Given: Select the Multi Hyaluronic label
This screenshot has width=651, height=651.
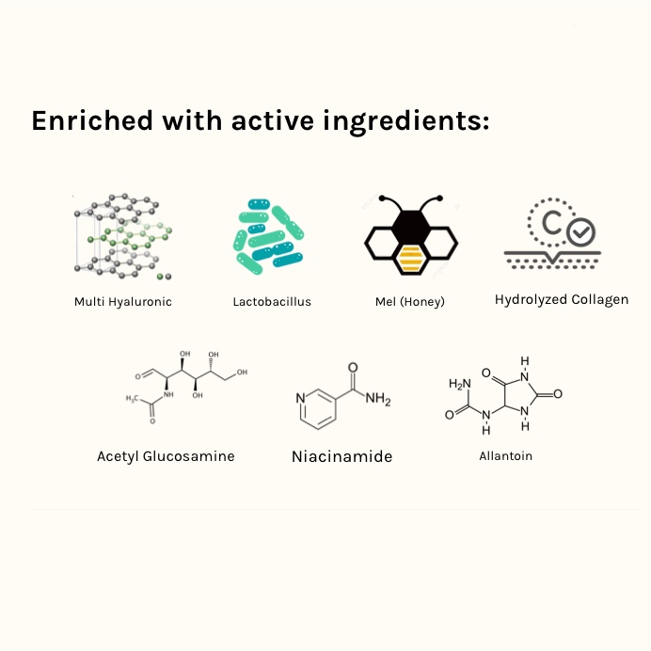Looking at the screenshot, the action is [123, 302].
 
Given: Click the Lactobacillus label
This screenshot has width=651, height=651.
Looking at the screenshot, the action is [272, 302].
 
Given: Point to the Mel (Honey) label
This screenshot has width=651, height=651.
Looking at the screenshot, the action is [410, 302].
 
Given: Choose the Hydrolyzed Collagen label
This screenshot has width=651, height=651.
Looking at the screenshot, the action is [562, 300].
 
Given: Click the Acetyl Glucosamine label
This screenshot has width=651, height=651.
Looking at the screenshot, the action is [166, 456].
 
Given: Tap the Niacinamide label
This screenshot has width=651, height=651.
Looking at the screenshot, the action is [341, 457].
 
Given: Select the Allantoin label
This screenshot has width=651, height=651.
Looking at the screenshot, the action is [505, 456].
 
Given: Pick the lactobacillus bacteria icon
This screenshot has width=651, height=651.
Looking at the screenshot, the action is [271, 235].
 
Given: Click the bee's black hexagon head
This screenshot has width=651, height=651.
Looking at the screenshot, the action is [411, 223].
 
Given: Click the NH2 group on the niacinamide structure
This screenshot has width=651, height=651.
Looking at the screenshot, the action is [378, 400].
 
